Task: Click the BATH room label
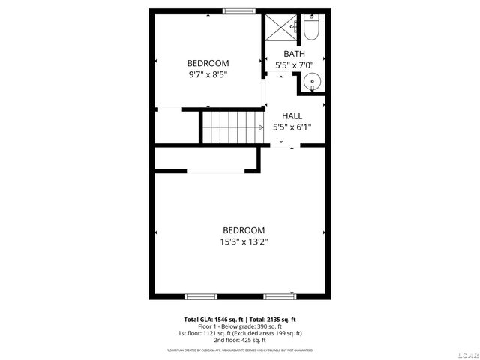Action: click(x=294, y=53)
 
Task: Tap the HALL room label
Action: click(x=292, y=116)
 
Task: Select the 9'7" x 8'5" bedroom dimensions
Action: click(x=208, y=74)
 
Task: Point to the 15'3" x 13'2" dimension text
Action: click(x=244, y=241)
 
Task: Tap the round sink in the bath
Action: click(x=313, y=81)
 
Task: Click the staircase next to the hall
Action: click(x=232, y=126)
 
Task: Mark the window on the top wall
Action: click(x=239, y=10)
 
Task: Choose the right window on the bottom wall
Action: click(x=280, y=295)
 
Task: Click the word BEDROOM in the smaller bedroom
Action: click(x=208, y=63)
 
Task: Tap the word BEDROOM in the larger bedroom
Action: click(x=244, y=230)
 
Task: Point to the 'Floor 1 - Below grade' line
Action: click(x=240, y=325)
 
